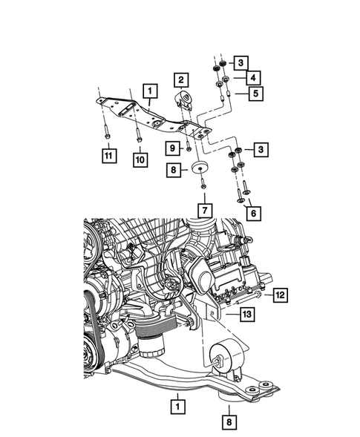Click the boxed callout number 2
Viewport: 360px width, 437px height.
[x=181, y=78]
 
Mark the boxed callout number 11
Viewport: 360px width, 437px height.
[x=108, y=156]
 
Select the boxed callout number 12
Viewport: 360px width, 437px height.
[x=278, y=295]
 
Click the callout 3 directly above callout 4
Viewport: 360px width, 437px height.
[x=242, y=62]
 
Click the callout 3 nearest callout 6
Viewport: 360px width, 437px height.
[x=261, y=151]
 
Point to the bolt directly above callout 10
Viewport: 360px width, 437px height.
[x=138, y=137]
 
